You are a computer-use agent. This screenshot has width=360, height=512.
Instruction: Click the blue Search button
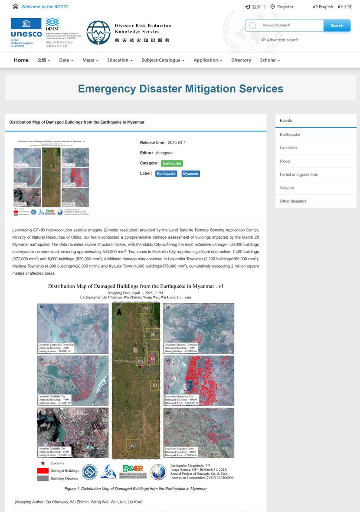pyautogui.click(x=337, y=26)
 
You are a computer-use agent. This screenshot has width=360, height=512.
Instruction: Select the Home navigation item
pyautogui.click(x=21, y=60)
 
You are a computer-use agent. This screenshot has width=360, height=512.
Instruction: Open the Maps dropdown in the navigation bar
pyautogui.click(x=90, y=60)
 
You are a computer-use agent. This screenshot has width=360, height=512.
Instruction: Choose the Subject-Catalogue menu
pyautogui.click(x=163, y=60)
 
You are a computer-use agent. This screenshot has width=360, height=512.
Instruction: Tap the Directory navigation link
pyautogui.click(x=241, y=60)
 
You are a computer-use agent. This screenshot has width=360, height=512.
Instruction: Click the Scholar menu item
pyautogui.click(x=270, y=60)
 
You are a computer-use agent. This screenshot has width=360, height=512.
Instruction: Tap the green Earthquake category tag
pyautogui.click(x=172, y=163)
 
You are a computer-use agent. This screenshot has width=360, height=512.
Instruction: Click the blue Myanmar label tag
pyautogui.click(x=190, y=174)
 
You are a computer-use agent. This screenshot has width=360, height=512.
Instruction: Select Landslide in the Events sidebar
pyautogui.click(x=288, y=148)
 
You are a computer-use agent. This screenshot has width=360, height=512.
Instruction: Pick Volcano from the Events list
pyautogui.click(x=287, y=188)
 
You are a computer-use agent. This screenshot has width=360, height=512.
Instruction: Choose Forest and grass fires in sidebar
pyautogui.click(x=299, y=174)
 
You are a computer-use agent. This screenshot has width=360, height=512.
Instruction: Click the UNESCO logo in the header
pyautogui.click(x=26, y=32)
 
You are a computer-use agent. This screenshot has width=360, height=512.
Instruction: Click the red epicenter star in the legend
pyautogui.click(x=43, y=463)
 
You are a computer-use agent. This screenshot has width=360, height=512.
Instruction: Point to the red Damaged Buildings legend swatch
pyautogui.click(x=43, y=471)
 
